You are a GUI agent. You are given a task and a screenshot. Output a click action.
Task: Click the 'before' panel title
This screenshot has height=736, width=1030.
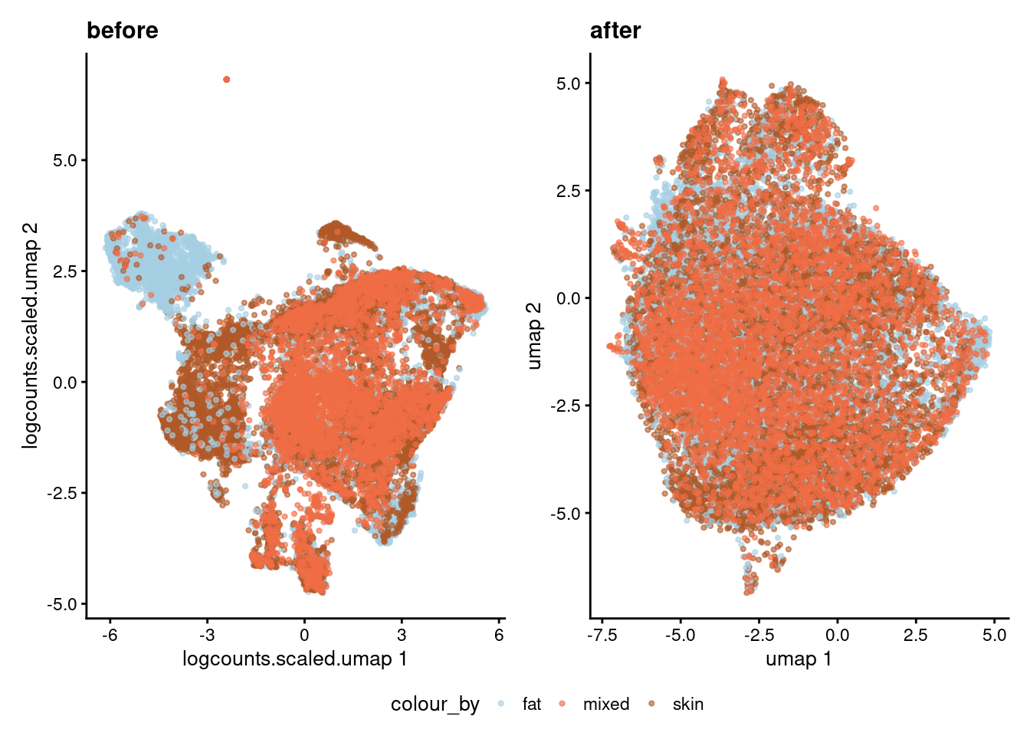(x=123, y=31)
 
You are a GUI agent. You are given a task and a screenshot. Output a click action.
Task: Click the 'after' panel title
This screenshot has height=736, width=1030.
(x=615, y=31)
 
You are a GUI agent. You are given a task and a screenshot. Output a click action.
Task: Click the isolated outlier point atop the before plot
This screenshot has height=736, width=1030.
(x=226, y=80)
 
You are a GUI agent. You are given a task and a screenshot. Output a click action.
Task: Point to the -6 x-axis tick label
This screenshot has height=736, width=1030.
(x=110, y=635)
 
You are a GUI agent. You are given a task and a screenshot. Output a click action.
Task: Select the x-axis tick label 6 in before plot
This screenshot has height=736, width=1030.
(x=499, y=635)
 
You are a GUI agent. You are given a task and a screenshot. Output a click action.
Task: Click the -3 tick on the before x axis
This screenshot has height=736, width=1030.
(x=206, y=635)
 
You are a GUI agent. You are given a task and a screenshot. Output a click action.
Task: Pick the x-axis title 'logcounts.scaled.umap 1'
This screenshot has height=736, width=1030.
(x=294, y=659)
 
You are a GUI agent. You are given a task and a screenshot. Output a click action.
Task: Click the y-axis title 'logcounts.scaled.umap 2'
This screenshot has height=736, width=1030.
(x=30, y=336)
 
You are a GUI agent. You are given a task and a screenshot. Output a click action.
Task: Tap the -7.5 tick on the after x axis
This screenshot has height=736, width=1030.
(x=602, y=635)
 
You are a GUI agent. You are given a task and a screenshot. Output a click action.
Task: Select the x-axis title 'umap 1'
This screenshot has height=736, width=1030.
(x=799, y=659)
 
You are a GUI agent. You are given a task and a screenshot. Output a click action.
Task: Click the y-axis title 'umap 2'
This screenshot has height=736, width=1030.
(x=534, y=336)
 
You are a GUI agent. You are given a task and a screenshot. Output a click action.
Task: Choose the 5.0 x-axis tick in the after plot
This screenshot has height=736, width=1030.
(x=994, y=635)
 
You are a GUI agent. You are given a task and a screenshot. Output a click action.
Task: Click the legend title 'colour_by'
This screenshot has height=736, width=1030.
(x=435, y=704)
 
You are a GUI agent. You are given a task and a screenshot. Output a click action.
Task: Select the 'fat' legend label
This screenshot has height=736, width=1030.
(x=532, y=704)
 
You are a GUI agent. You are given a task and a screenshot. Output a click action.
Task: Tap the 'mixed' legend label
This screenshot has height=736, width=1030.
(x=606, y=704)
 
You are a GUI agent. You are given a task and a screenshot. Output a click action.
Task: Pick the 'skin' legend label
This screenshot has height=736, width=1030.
(x=687, y=704)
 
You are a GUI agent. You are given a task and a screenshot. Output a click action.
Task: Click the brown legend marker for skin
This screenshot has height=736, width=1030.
(x=652, y=704)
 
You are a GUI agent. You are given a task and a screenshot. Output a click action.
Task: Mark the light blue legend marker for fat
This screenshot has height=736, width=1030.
(x=501, y=704)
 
